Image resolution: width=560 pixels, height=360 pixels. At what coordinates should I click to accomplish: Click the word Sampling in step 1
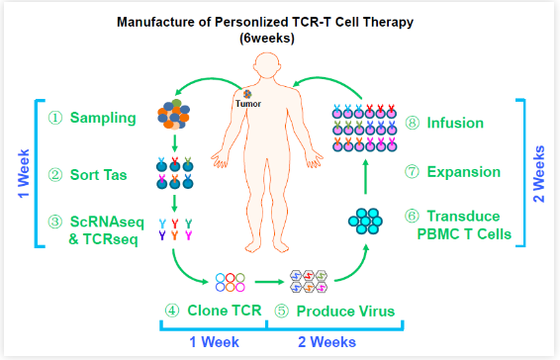tap(103, 118)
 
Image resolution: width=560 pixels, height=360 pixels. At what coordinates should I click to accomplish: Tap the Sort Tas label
tap(98, 175)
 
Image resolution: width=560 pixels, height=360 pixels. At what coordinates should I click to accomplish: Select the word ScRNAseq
tap(107, 222)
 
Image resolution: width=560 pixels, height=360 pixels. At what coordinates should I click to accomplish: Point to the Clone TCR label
tap(225, 311)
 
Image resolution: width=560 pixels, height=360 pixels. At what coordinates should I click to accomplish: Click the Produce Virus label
tap(345, 312)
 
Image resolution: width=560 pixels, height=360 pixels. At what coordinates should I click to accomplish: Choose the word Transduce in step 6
tap(463, 216)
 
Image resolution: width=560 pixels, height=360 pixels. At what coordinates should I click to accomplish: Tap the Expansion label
tap(464, 172)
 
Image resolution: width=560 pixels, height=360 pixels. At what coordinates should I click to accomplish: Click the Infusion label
tap(455, 123)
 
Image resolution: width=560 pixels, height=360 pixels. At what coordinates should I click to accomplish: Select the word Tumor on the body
tap(248, 104)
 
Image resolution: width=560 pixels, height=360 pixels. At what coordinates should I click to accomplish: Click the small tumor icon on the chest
tap(247, 94)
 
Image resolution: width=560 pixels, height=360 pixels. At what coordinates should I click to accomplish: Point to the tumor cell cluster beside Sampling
tap(173, 115)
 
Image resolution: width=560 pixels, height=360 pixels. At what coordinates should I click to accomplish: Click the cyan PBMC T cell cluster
tap(365, 222)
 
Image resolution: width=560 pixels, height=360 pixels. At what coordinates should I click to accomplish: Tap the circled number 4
tap(172, 311)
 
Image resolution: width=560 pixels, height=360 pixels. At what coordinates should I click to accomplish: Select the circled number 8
tap(413, 123)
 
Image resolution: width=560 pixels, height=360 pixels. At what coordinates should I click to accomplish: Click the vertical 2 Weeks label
tap(538, 174)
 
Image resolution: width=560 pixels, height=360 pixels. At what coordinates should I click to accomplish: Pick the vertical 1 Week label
tap(24, 174)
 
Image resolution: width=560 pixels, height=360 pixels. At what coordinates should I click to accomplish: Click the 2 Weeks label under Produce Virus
tap(327, 342)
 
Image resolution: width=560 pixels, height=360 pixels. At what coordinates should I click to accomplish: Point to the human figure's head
tap(267, 65)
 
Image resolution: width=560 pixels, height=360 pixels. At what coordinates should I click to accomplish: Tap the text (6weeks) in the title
tap(267, 38)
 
